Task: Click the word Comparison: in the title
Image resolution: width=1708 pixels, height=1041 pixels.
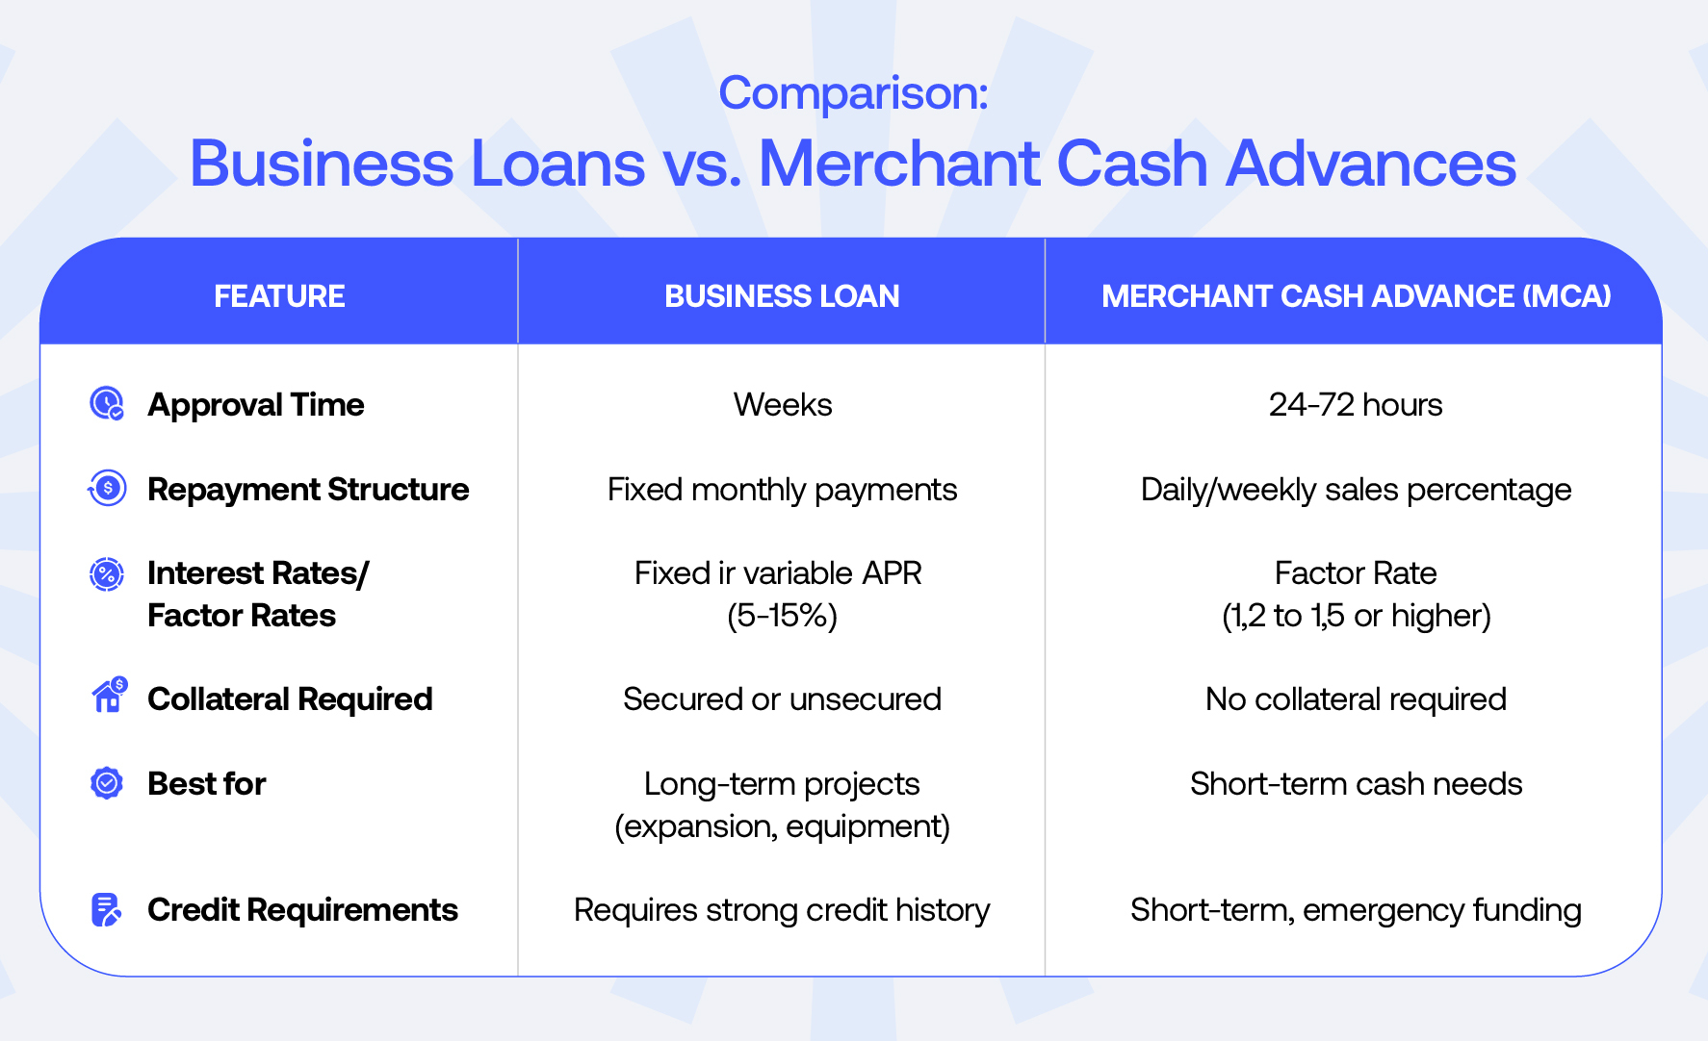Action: pos(853,94)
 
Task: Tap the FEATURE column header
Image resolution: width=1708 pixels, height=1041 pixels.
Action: pos(279,296)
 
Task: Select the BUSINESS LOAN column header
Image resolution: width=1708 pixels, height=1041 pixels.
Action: pos(782,296)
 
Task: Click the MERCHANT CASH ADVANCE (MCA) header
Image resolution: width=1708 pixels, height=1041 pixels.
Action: pos(1356,296)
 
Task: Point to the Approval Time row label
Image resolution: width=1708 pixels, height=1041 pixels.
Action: pos(256,405)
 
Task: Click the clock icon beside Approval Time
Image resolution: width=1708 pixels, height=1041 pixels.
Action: pos(107,404)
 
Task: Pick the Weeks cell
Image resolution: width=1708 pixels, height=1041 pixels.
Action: pos(783,405)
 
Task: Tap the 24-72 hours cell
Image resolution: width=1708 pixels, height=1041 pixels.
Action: pos(1356,405)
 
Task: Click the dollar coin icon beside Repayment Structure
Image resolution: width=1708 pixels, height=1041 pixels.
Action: pos(107,489)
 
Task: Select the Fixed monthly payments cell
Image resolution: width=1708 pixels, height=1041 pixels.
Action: pos(783,491)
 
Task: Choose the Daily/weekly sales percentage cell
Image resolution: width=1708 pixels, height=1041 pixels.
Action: pos(1356,491)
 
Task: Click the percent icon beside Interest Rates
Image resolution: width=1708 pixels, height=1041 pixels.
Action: pos(107,574)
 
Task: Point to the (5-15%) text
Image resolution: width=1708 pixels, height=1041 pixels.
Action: pos(783,616)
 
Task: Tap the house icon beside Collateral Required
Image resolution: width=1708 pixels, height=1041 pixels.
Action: pos(109,695)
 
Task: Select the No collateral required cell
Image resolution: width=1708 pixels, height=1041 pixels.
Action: pos(1356,699)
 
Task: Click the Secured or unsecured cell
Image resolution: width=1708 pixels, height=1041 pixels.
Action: pos(783,699)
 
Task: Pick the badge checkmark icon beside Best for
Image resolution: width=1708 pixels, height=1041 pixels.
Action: pos(107,783)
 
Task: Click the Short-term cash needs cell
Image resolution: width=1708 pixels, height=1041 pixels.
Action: pos(1356,784)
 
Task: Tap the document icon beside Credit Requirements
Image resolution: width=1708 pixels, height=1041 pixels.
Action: pos(106,909)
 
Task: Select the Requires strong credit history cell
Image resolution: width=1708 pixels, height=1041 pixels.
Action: pos(783,910)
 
